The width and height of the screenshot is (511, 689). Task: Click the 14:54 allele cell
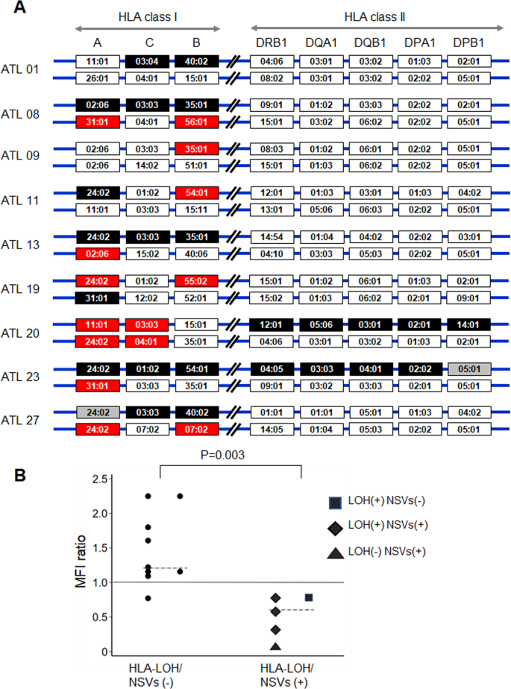pyautogui.click(x=270, y=236)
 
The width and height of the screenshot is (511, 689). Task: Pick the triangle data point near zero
pyautogui.click(x=276, y=646)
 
